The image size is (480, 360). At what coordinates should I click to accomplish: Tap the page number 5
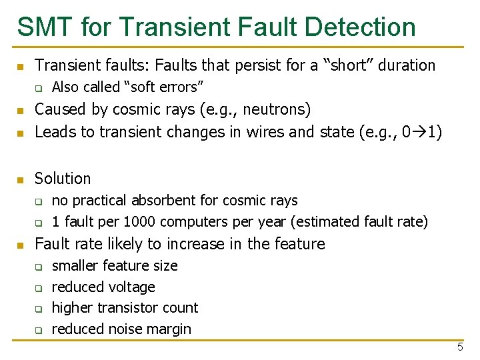coord(460,347)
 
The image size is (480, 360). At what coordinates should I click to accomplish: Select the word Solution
coord(63,179)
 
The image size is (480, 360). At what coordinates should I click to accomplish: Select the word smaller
coord(75,265)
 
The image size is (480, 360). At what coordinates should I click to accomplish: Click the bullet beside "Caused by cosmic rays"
coord(21,111)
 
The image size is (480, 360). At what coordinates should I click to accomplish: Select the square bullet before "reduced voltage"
coord(39,288)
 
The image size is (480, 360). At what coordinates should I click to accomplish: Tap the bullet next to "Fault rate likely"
coord(21,245)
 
